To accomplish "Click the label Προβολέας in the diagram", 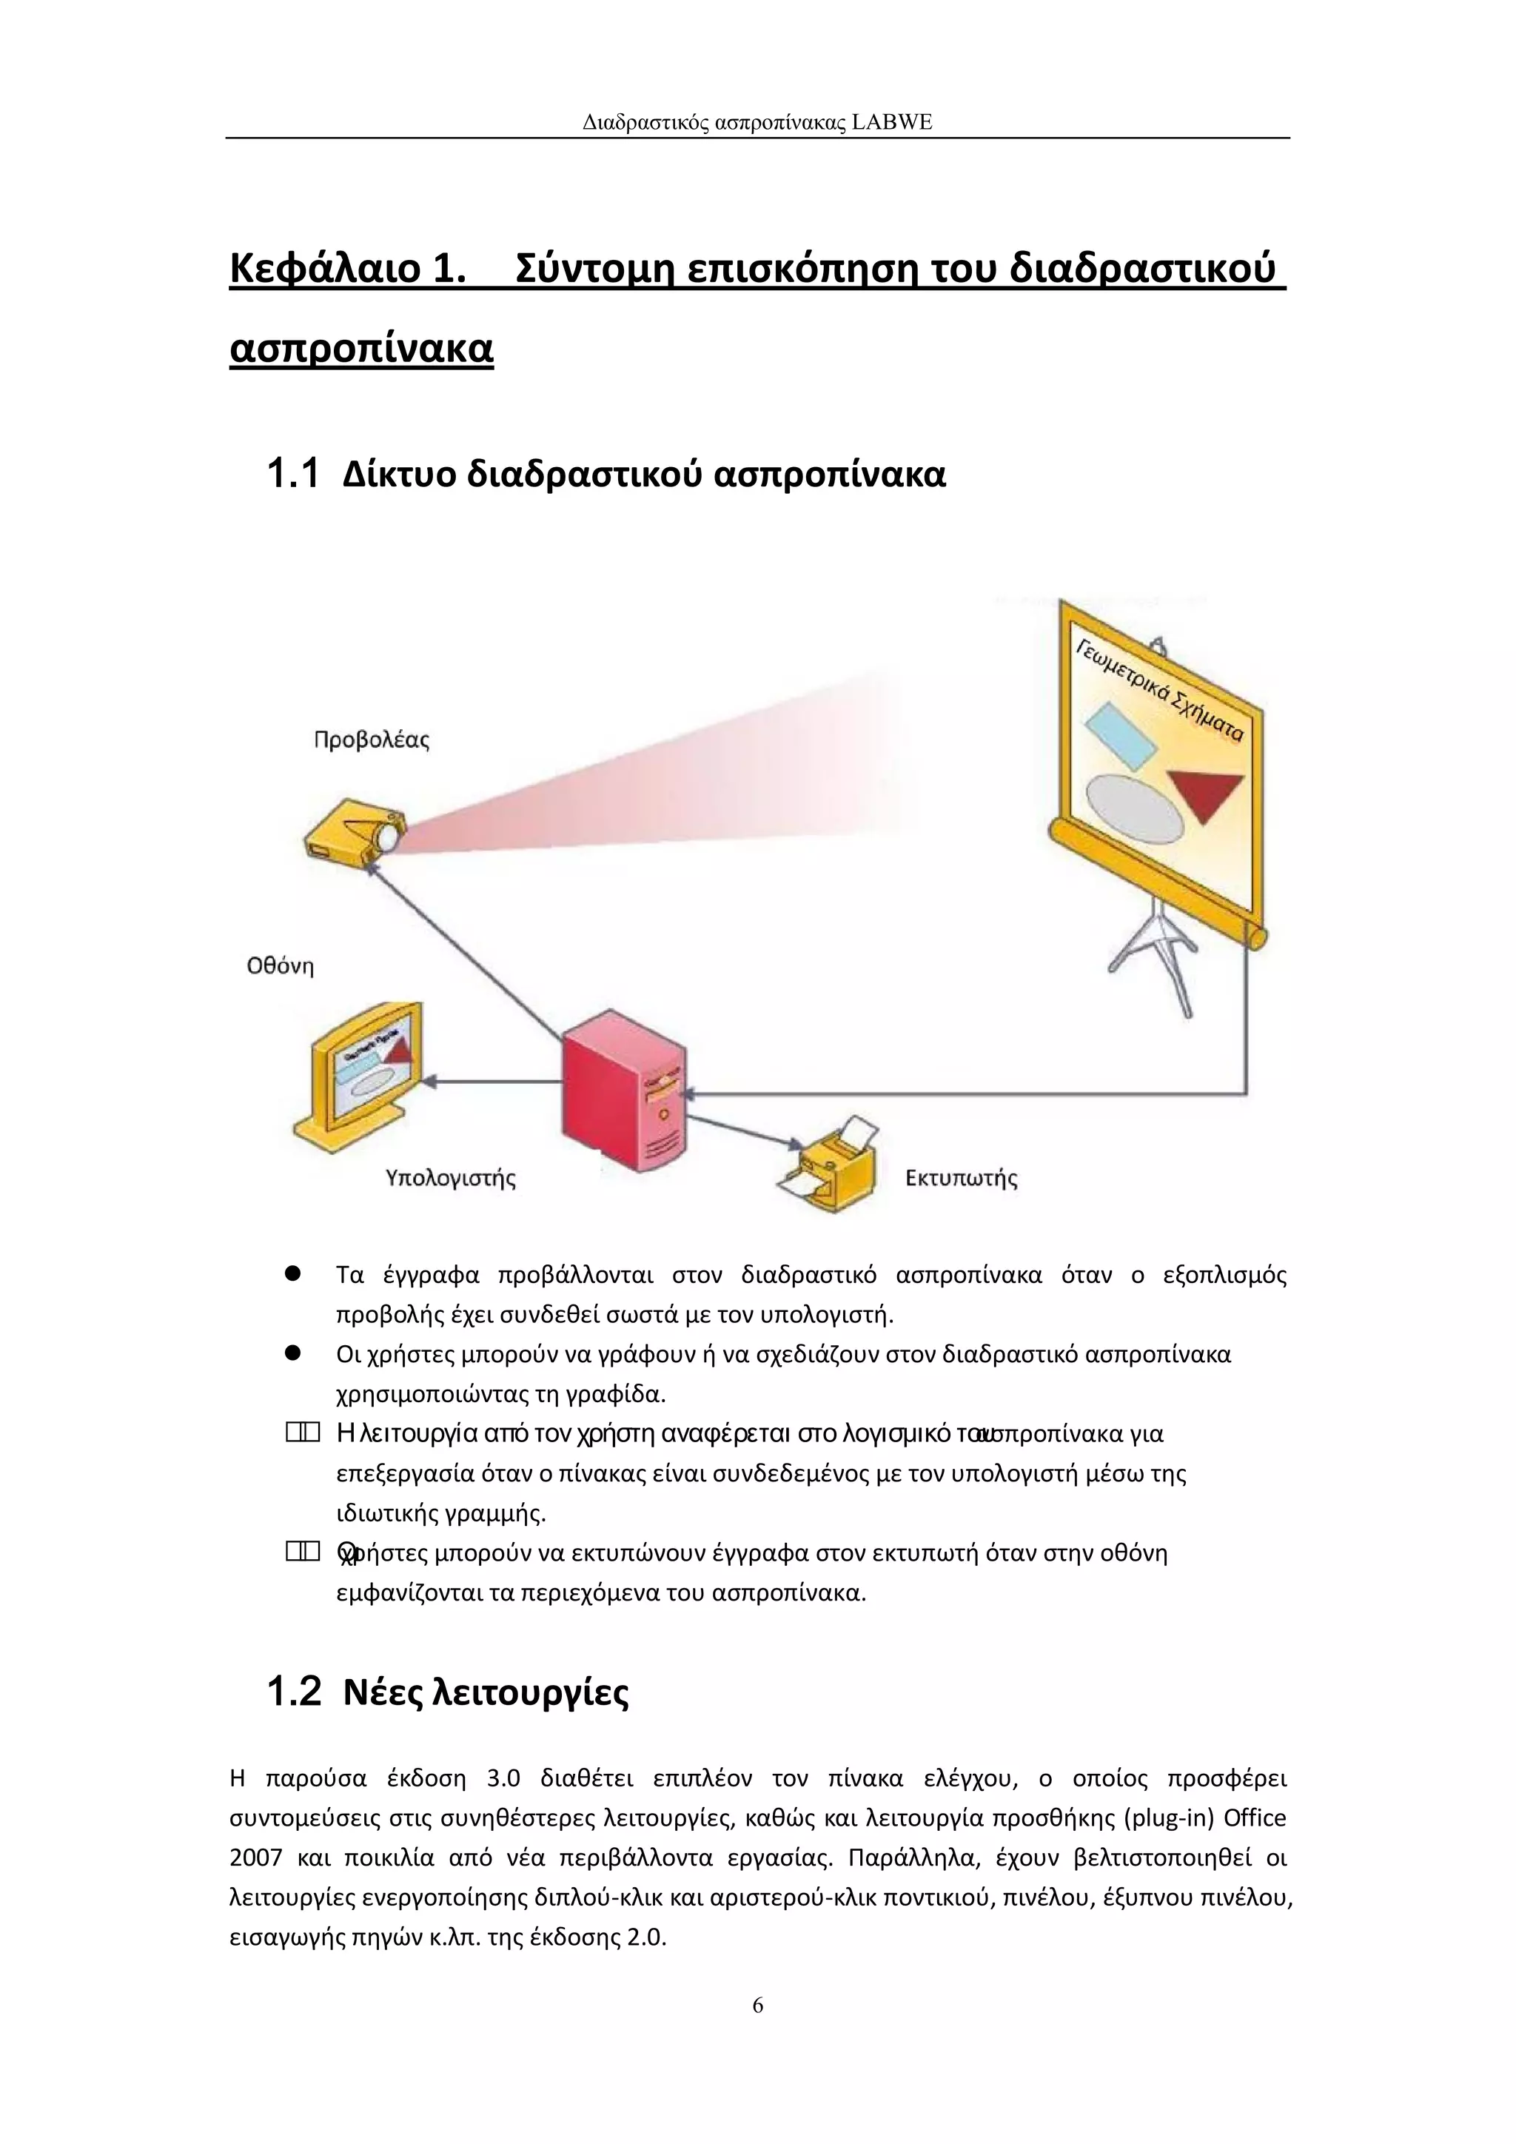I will [371, 740].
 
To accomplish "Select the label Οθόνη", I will [280, 966].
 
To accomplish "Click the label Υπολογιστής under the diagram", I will [451, 1179].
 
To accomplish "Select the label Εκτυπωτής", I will [961, 1179].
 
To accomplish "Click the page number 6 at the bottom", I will [758, 2005].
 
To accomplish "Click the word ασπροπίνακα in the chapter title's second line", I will [361, 348].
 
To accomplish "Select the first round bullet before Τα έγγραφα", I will [292, 1273].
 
